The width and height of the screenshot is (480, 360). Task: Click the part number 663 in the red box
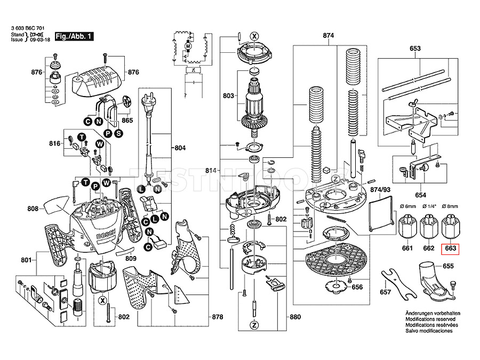tap(450, 248)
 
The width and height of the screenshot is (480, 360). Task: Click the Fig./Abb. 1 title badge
tap(74, 36)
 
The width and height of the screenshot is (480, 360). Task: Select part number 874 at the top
tap(328, 36)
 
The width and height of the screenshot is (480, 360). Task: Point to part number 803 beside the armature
tap(229, 97)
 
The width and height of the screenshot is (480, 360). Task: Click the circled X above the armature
tap(254, 36)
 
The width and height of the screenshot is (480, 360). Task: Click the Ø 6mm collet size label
tap(408, 206)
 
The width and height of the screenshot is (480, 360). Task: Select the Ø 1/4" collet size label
tap(429, 206)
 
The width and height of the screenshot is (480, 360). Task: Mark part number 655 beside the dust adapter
tap(448, 265)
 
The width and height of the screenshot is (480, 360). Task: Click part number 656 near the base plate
tap(357, 287)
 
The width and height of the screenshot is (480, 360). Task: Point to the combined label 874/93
tap(380, 190)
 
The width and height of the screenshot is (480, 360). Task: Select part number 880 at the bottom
tap(295, 317)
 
